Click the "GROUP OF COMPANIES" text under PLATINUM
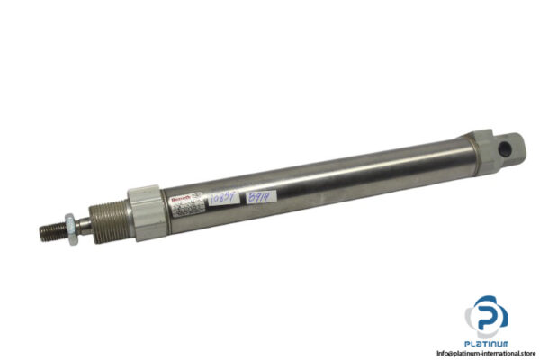tap(487, 348)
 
